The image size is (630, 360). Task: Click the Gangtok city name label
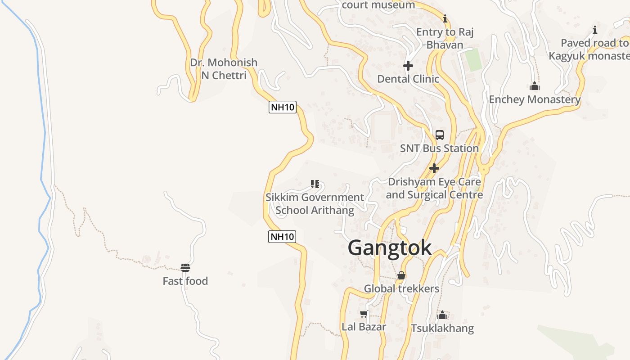point(390,248)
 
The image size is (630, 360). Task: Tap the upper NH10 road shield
point(283,107)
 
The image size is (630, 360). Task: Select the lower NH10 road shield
point(282,236)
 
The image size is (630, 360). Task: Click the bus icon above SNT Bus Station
point(440,135)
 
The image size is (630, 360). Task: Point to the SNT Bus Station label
point(439,148)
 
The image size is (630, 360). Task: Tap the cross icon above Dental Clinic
point(408,66)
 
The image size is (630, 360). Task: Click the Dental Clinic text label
point(408,79)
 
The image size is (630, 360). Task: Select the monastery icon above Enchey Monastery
point(535,86)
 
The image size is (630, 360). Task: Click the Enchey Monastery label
point(535,99)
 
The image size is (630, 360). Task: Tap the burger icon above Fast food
point(185,268)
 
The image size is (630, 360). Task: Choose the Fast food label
point(185,281)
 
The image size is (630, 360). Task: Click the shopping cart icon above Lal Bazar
point(364,314)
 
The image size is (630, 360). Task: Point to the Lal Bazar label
point(364,327)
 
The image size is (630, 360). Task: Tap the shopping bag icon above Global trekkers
point(401,275)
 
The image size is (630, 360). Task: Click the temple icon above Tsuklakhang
point(442,315)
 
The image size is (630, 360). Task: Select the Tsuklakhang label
point(442,328)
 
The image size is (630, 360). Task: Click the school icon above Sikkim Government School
point(315,184)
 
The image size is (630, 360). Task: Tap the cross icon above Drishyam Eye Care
point(434,168)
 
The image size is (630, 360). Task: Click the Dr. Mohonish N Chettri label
point(224,69)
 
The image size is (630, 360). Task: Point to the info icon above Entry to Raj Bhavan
point(445,18)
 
